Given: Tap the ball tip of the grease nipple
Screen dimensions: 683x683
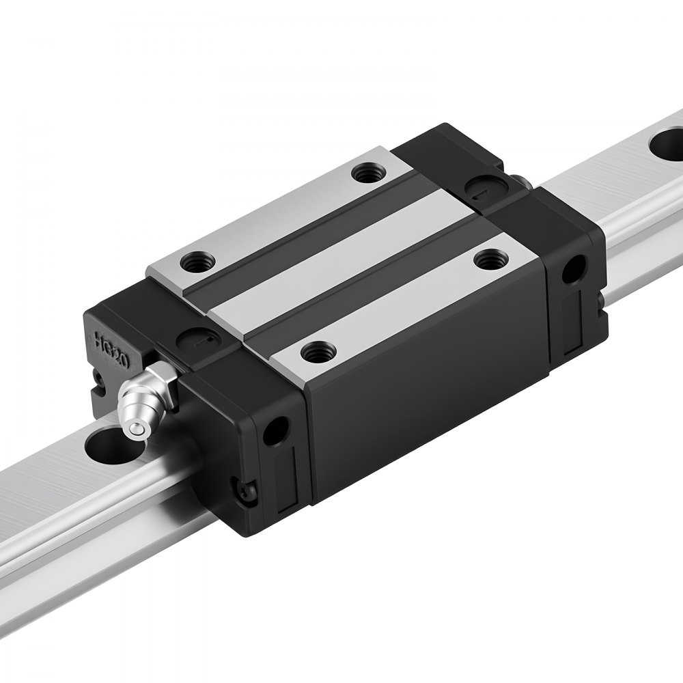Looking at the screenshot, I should tap(137, 428).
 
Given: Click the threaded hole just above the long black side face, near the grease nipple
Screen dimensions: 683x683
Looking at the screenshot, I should tap(316, 353).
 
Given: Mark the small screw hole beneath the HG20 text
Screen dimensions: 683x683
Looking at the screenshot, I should tap(100, 378).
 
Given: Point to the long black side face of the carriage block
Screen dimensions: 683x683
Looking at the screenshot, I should tap(423, 396).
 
